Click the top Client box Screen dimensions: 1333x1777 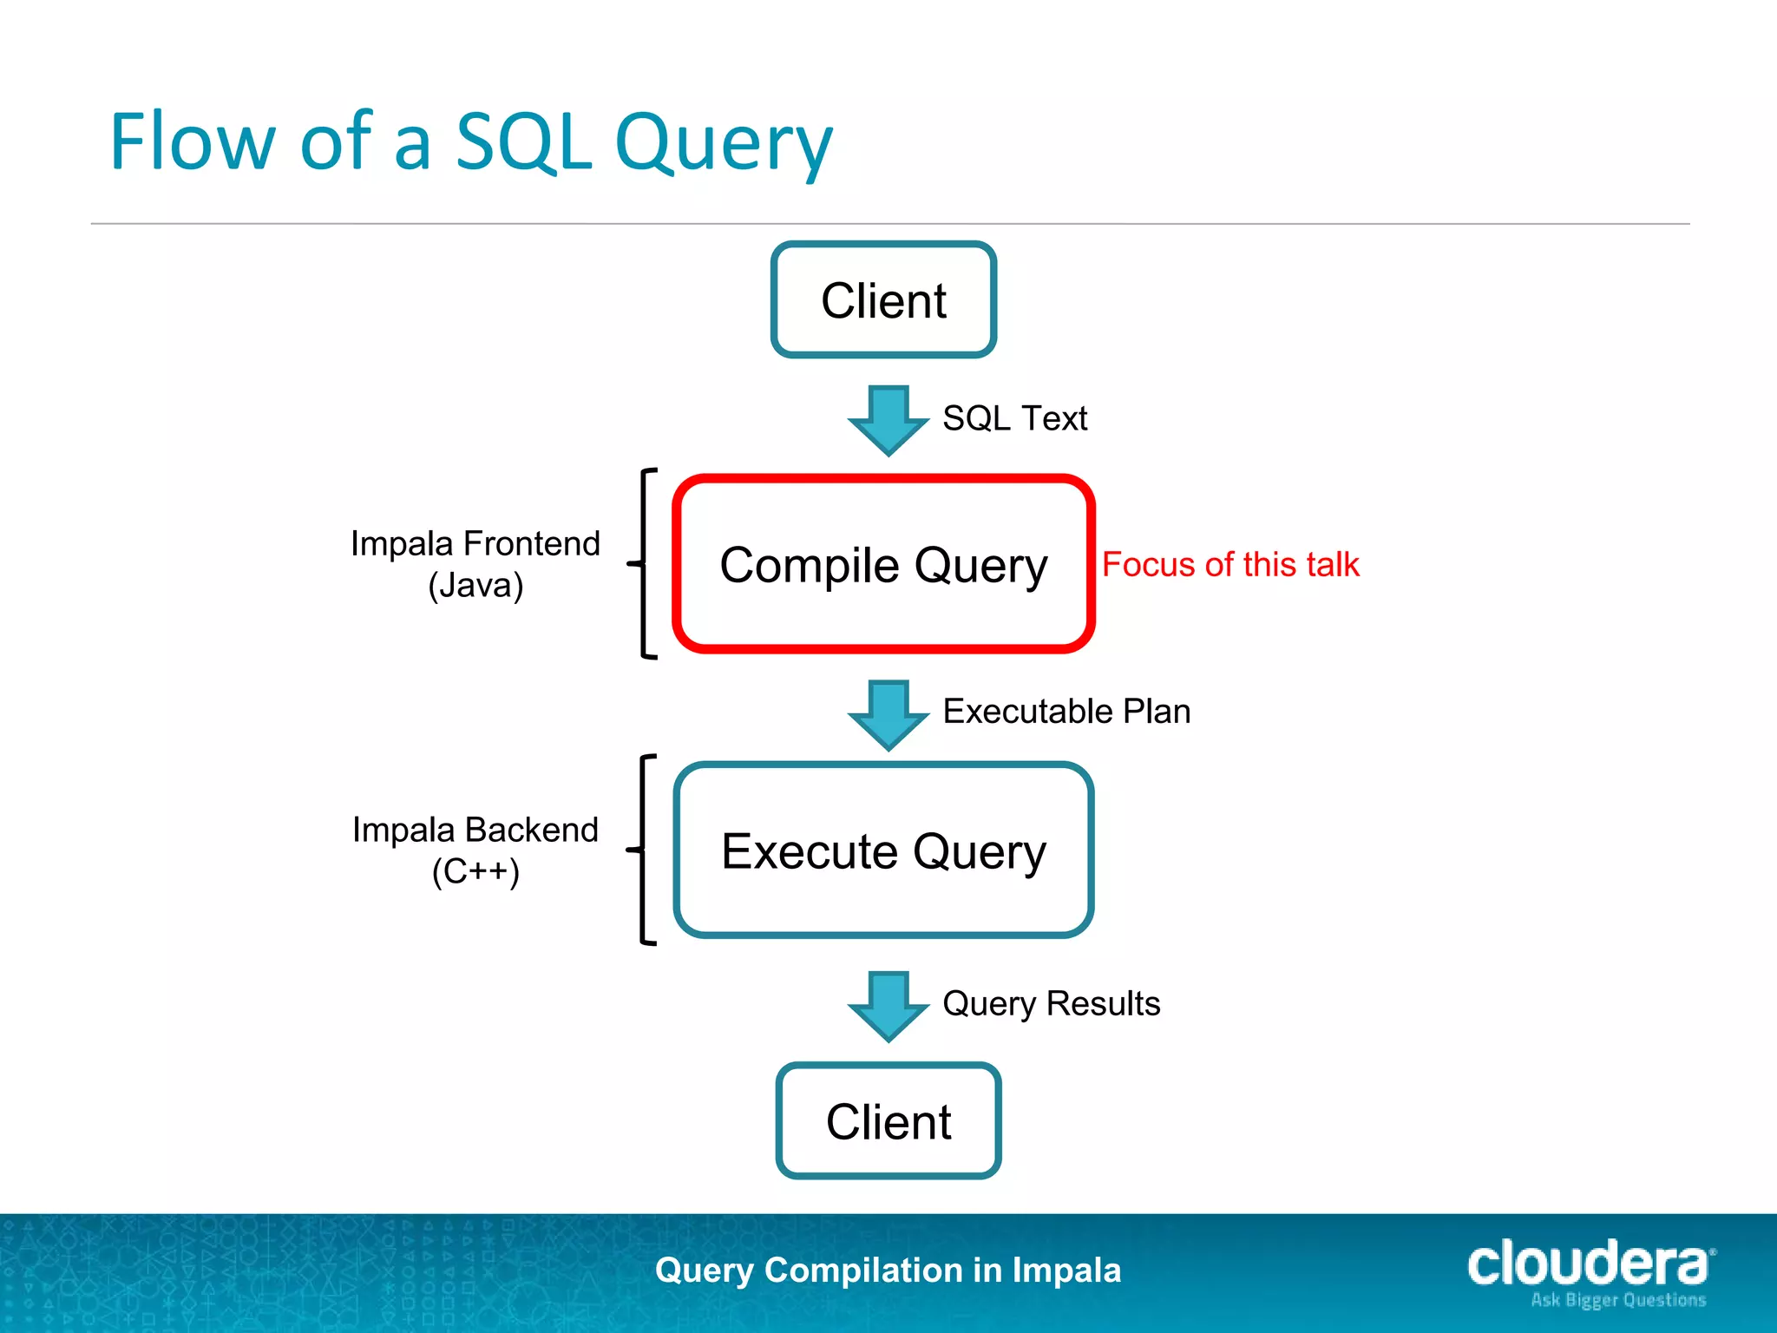[x=883, y=300]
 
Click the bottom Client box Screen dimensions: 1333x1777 [x=888, y=1121]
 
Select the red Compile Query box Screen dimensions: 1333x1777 [x=883, y=564]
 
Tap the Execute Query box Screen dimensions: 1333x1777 [x=883, y=850]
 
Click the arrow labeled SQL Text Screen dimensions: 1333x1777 [x=888, y=420]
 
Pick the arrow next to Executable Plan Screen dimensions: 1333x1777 [x=888, y=714]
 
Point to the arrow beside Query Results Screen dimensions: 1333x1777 [x=888, y=1006]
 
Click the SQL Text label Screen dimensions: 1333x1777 [x=1014, y=418]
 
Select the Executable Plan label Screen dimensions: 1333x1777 [x=1066, y=711]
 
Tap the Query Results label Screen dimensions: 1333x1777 [x=1051, y=1003]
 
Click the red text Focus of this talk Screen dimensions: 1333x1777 [x=1230, y=564]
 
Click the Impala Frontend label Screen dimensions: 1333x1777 [x=475, y=544]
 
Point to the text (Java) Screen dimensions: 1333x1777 [x=475, y=585]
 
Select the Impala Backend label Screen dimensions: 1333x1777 [x=475, y=830]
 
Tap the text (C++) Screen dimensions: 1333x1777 [x=475, y=871]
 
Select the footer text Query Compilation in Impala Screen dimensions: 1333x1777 [x=888, y=1270]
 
